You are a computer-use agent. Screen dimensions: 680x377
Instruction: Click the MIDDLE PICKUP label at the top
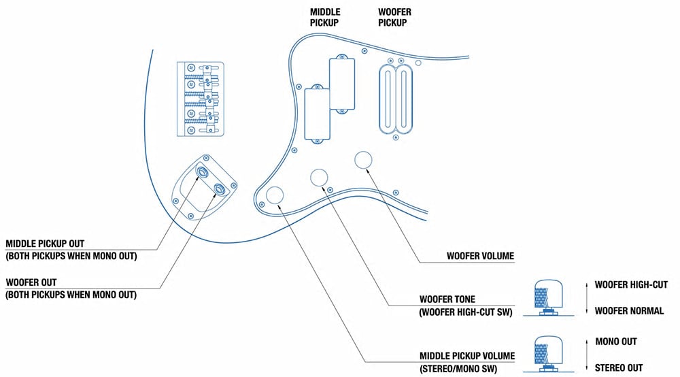point(325,18)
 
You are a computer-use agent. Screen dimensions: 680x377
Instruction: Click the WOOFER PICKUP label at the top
point(394,18)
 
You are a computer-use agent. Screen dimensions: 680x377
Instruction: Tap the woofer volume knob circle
point(363,160)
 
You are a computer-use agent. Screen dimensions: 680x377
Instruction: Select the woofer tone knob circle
point(319,177)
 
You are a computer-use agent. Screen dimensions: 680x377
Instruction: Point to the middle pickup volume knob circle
point(275,195)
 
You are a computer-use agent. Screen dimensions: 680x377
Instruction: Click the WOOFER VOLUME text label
point(481,256)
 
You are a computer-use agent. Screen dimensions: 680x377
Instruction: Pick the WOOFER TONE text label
point(447,299)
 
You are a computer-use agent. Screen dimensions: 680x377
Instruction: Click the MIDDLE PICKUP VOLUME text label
point(467,356)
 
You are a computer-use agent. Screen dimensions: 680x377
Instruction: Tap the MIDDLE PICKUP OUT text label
point(45,244)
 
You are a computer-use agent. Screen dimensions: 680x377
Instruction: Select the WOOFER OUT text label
point(31,282)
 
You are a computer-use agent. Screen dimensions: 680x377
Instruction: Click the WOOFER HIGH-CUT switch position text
point(631,284)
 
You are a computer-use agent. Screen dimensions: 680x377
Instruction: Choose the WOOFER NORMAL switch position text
point(629,310)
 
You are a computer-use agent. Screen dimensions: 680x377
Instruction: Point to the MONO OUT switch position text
point(616,342)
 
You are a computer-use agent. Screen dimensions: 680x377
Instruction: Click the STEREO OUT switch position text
point(618,368)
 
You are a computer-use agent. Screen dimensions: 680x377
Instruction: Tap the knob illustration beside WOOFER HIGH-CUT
point(549,297)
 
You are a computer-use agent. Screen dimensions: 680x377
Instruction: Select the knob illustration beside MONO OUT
point(549,354)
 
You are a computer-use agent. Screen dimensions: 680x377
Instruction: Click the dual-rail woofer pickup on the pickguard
point(396,99)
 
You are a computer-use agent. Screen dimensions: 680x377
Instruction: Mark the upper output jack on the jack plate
point(202,171)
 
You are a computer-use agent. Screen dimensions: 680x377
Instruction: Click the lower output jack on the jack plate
point(220,188)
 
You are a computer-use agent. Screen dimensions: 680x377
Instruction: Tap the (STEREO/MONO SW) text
point(458,369)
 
